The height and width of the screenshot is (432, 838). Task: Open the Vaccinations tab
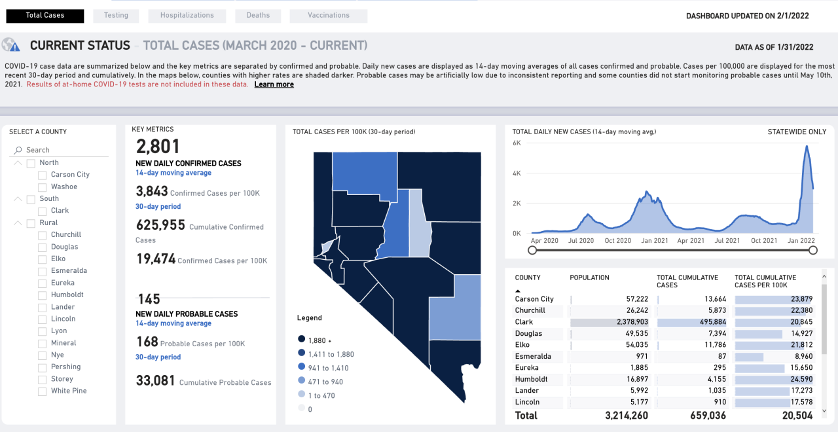[x=328, y=16]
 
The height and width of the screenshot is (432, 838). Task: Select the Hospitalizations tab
[x=187, y=16]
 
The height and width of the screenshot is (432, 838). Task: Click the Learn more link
[x=274, y=84]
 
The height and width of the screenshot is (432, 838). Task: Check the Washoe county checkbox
[x=43, y=187]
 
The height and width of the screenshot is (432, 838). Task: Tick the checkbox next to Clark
[x=43, y=211]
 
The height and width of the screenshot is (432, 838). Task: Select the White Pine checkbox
[x=43, y=391]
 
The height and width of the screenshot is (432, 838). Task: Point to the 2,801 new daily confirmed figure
[x=158, y=146]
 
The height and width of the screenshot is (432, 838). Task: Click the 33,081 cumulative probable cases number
[x=155, y=380]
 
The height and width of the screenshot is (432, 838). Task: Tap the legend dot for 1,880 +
[x=301, y=339]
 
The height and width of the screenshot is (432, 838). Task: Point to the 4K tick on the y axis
[x=517, y=173]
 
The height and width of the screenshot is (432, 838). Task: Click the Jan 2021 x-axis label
[x=654, y=241]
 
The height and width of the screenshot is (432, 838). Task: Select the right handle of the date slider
[x=813, y=250]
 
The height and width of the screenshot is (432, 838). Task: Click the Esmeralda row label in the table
[x=533, y=357]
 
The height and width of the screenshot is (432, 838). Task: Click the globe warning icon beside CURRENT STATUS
[x=10, y=45]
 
